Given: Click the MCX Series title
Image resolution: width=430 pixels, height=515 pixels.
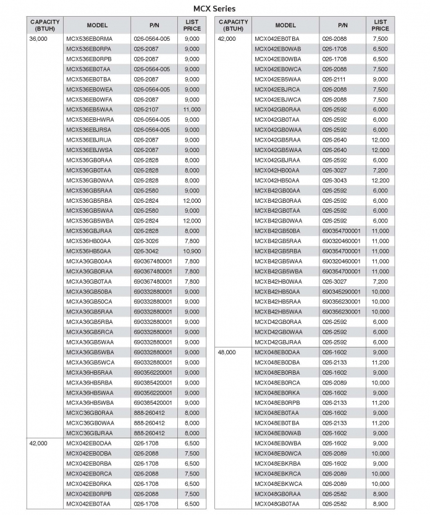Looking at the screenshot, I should [214, 9].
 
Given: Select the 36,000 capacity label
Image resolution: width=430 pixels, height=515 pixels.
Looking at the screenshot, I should [38, 39].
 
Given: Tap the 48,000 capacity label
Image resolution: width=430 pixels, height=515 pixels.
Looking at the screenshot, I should [227, 352].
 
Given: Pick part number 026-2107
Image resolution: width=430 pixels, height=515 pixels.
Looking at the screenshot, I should [146, 109].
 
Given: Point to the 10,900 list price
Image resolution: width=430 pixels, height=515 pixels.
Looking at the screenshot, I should [192, 251].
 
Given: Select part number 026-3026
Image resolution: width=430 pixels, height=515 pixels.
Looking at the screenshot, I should [146, 241].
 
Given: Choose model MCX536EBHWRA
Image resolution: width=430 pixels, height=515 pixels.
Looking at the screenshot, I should [90, 119].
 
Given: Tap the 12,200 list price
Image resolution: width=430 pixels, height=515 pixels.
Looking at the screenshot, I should [381, 181].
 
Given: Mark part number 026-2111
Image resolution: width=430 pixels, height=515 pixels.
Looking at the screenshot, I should [334, 79].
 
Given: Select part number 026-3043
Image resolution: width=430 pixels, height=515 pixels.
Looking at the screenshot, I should [334, 181].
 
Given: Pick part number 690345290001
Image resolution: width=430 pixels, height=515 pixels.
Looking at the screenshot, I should [341, 291].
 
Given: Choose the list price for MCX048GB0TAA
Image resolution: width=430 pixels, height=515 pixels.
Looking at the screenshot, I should [381, 504].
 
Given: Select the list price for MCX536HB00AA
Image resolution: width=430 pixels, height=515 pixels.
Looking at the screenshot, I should [192, 241].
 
